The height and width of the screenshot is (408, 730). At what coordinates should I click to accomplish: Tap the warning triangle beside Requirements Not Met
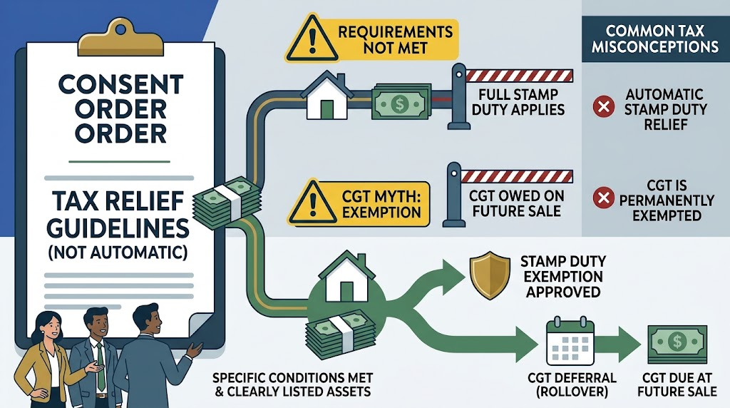click(312, 39)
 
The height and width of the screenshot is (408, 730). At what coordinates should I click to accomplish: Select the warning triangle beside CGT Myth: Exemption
click(312, 202)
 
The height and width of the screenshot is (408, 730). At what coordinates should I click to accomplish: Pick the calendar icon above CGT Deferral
click(570, 341)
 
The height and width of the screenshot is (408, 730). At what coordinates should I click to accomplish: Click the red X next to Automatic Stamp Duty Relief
click(603, 106)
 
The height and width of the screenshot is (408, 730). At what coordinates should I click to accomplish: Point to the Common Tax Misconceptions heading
click(654, 39)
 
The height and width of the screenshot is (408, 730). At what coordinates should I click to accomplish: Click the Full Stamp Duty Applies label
click(518, 102)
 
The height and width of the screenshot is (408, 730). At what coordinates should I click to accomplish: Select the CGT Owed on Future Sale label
click(517, 203)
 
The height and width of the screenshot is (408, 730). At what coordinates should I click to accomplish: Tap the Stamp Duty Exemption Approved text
click(563, 276)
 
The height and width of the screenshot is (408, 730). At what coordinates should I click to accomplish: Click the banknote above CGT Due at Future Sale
click(677, 344)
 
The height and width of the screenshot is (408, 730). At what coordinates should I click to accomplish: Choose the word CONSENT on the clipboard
click(120, 85)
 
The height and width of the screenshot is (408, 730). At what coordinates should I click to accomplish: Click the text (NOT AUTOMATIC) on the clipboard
click(118, 252)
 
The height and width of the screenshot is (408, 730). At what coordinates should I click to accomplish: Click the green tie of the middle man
click(101, 367)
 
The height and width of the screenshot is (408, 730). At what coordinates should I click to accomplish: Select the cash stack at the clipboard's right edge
click(227, 203)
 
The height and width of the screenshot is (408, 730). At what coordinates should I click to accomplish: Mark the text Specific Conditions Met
click(292, 377)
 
